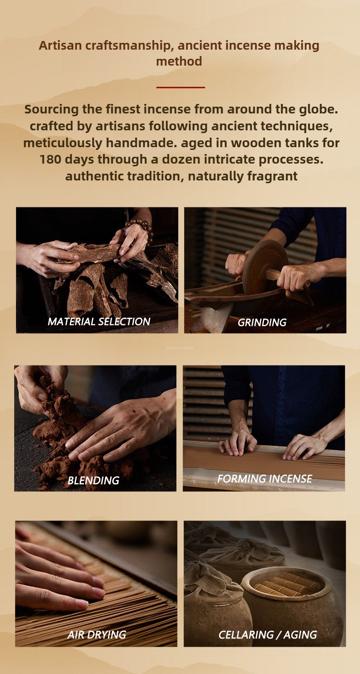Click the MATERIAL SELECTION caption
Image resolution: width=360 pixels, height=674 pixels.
99,322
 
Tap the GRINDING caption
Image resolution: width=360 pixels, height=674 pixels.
262,323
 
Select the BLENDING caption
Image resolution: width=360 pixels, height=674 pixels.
93,480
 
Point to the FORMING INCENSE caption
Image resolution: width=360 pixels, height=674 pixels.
265,478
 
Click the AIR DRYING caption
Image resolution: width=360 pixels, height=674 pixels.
97,635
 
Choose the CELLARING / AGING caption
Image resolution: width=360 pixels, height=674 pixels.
267,635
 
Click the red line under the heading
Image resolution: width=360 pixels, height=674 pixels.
180,87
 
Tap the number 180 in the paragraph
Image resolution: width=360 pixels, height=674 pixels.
50,159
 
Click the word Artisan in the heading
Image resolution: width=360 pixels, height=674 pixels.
60,46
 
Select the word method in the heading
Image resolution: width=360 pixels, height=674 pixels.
179,62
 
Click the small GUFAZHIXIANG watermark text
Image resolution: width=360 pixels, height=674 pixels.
180,348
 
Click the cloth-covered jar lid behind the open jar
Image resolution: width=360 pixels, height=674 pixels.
241,553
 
